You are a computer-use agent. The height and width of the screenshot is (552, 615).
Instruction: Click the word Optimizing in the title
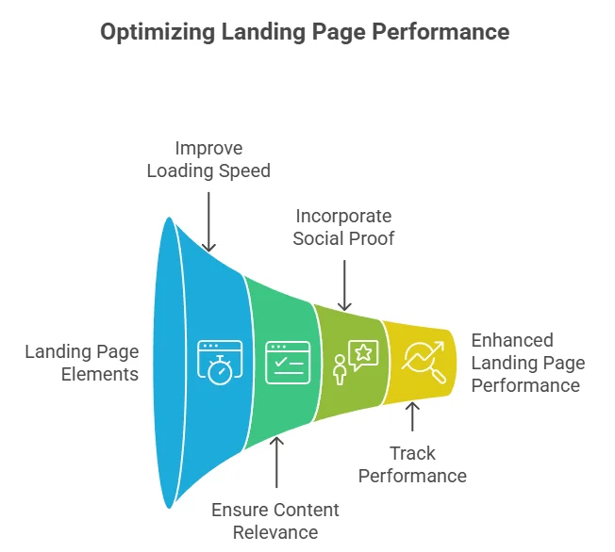click(x=158, y=32)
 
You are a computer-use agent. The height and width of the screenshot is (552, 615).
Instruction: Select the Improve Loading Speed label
click(x=208, y=159)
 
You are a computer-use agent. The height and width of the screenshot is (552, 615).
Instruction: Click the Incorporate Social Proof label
click(x=343, y=227)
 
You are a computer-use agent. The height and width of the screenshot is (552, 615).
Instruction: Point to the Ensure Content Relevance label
click(x=275, y=521)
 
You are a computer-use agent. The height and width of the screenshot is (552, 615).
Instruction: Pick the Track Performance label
click(x=412, y=464)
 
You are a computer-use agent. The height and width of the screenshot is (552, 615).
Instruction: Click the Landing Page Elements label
click(x=82, y=363)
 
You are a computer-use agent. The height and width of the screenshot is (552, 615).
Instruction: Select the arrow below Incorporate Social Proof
click(x=344, y=284)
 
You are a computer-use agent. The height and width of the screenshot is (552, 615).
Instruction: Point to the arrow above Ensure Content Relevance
click(x=276, y=463)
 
